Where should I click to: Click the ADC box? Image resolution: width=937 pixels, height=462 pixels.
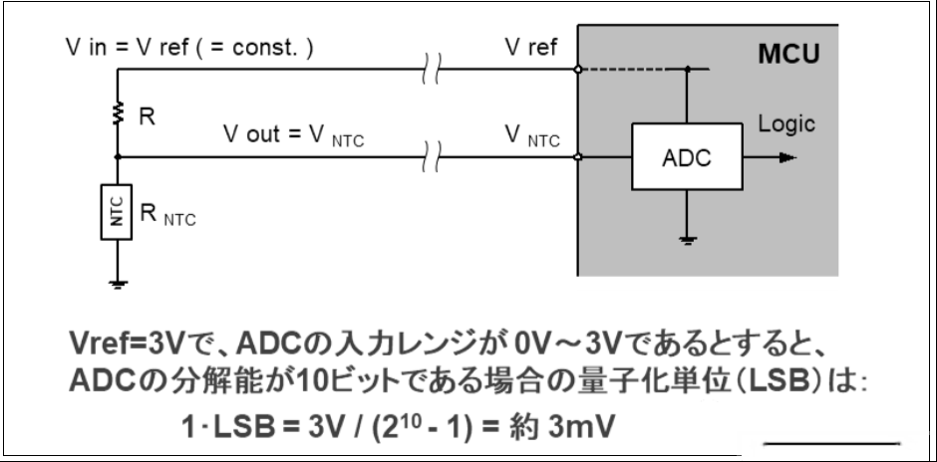point(687,157)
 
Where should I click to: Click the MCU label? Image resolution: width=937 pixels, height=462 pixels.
point(788,54)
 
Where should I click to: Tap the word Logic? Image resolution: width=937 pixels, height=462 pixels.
point(786,124)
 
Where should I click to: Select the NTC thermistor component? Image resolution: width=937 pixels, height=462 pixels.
point(117,212)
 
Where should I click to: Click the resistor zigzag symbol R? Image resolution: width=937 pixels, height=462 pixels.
point(118,113)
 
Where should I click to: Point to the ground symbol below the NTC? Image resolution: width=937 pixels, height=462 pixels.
point(118,284)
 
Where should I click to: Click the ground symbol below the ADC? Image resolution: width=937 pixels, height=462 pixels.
point(687,241)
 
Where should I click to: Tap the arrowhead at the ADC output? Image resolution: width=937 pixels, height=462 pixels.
point(788,157)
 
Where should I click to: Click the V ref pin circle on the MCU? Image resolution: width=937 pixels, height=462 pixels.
point(577,70)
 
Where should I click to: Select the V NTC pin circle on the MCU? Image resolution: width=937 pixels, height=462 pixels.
point(577,157)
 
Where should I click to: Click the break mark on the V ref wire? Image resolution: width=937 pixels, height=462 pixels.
point(433,69)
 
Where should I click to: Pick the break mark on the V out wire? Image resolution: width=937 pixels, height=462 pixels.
point(433,157)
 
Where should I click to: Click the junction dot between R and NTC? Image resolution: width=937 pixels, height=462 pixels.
point(118,157)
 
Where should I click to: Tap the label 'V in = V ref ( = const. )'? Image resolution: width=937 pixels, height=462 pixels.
point(189,48)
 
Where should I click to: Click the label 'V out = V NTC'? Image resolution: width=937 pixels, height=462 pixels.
point(293,135)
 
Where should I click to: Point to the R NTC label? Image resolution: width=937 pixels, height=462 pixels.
point(167,215)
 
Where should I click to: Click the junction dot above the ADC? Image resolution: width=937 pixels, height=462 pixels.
point(687,70)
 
